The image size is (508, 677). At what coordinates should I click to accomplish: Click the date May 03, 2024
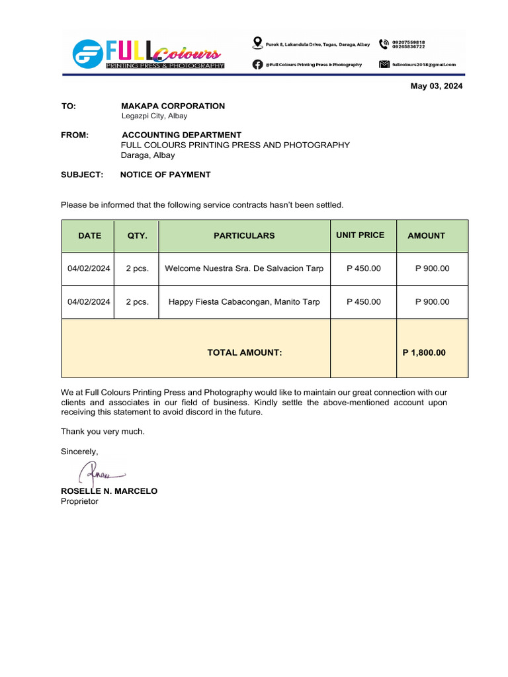tap(437, 87)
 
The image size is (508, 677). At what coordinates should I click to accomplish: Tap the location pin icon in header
tap(257, 44)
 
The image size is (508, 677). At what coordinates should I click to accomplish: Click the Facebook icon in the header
tap(257, 64)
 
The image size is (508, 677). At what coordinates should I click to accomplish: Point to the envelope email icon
tap(384, 64)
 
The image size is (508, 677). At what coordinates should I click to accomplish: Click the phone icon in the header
tap(384, 44)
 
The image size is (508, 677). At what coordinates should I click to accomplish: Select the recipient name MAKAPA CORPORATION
tap(173, 106)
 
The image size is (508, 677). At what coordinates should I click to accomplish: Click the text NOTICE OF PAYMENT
tap(165, 175)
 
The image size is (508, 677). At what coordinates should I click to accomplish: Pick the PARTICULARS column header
tap(244, 235)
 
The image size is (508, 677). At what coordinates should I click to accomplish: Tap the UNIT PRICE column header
tap(360, 235)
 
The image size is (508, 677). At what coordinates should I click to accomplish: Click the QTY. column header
tap(137, 235)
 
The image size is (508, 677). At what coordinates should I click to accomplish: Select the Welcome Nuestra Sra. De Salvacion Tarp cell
tap(244, 268)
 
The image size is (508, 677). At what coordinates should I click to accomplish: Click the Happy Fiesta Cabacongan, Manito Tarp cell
tap(244, 301)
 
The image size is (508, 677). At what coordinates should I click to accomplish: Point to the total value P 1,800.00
tap(424, 352)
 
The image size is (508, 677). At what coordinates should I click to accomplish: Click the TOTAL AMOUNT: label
tap(245, 352)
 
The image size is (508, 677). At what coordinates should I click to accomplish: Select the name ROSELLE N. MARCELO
tap(109, 491)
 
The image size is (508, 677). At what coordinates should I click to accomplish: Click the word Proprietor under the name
tap(79, 501)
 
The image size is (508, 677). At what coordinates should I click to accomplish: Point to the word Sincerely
tap(79, 452)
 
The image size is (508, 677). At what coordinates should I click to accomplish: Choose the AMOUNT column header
tap(426, 235)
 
